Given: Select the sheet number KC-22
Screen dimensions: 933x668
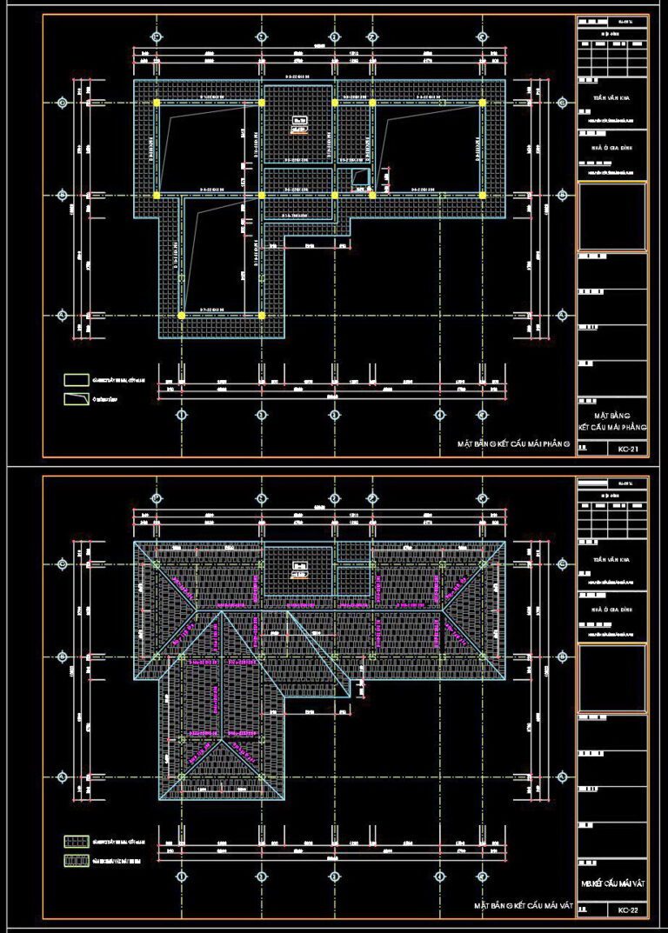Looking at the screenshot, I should click(627, 910).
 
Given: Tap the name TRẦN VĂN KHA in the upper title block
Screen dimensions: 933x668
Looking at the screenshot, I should click(612, 100).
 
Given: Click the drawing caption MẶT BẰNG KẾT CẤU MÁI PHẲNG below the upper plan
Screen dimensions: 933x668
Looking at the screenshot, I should click(513, 444).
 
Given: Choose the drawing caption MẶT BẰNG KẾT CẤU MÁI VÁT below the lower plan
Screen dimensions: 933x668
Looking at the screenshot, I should click(523, 905).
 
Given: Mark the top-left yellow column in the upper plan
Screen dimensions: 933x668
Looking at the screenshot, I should click(157, 103).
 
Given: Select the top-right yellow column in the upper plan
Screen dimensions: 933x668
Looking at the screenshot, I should click(482, 103).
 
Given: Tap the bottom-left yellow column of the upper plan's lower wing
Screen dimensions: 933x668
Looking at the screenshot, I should click(181, 315).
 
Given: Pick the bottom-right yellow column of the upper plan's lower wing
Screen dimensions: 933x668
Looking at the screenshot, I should click(262, 315).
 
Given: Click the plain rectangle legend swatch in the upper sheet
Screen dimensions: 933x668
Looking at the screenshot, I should click(76, 380).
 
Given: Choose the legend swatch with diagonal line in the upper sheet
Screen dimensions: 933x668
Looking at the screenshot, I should click(76, 399).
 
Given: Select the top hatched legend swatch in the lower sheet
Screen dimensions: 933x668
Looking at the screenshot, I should click(76, 842).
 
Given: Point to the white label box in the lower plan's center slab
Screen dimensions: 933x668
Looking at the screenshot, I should click(300, 570).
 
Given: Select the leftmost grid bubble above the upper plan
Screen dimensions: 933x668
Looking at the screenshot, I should click(157, 37).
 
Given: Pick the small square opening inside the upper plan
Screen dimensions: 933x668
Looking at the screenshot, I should click(359, 177).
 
